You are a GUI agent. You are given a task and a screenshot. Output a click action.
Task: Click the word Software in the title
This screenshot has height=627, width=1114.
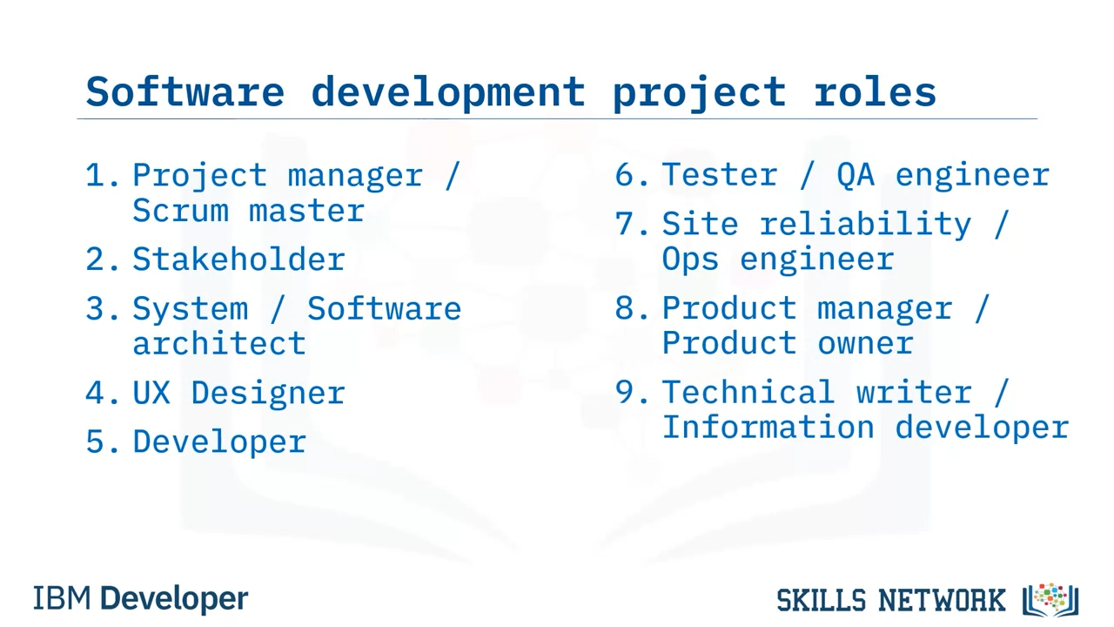coord(185,91)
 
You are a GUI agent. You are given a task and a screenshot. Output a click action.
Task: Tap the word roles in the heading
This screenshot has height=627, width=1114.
coord(876,91)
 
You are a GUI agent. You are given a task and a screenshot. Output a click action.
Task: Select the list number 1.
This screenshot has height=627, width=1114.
coord(102,175)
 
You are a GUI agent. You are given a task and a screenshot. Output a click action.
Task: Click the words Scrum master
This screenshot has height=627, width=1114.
coord(249,211)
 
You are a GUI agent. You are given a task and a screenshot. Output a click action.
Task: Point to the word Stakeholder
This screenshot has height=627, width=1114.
coord(238,259)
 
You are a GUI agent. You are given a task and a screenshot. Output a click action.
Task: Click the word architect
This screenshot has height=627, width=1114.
coord(218,343)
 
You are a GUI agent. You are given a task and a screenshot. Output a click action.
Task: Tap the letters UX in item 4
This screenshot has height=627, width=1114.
coord(151,392)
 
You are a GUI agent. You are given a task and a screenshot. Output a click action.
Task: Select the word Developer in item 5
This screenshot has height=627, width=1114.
coord(219,442)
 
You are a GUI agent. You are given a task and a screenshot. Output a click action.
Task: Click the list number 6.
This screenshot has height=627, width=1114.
coord(632,175)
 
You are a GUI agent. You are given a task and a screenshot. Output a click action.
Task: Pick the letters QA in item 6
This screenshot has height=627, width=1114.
coord(856,175)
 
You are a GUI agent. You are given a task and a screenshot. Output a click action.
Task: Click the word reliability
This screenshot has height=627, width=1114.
coord(865,224)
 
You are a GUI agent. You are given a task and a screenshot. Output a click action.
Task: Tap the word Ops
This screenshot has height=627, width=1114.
coord(690,260)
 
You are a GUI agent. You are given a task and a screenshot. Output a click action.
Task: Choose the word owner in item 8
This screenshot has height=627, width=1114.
coord(865,343)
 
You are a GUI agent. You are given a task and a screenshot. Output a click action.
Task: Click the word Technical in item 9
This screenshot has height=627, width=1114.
coord(748,392)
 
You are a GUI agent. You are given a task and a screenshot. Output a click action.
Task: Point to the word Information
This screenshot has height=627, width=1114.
coord(768,427)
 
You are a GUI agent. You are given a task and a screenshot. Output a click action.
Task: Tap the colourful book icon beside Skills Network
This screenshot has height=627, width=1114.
coord(1050,599)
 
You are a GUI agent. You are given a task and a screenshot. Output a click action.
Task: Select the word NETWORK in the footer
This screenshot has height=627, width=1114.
coord(942,600)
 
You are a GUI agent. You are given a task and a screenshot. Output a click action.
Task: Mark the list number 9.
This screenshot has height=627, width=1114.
coord(632,392)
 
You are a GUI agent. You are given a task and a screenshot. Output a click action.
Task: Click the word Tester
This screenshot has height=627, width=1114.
coord(720,175)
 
